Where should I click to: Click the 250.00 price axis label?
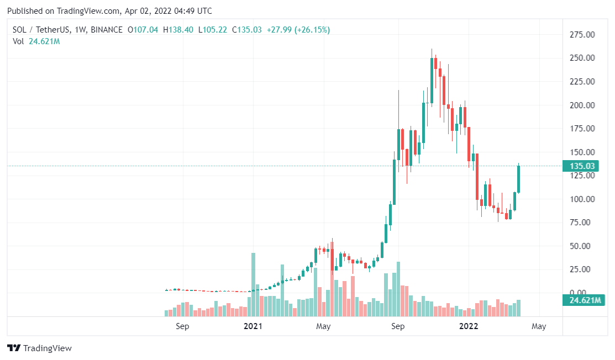coord(582,58)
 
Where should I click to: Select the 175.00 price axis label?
coord(582,129)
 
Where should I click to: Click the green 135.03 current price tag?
coord(582,166)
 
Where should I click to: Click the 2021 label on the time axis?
coord(253,326)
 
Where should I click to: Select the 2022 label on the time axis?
coord(470,326)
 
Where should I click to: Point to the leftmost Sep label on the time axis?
coord(182,326)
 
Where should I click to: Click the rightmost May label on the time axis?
coord(539,326)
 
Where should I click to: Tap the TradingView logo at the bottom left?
coord(39,348)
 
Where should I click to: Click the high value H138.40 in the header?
coord(178,30)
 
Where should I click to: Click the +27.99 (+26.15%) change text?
coord(298,30)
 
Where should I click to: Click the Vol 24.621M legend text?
coord(36,41)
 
